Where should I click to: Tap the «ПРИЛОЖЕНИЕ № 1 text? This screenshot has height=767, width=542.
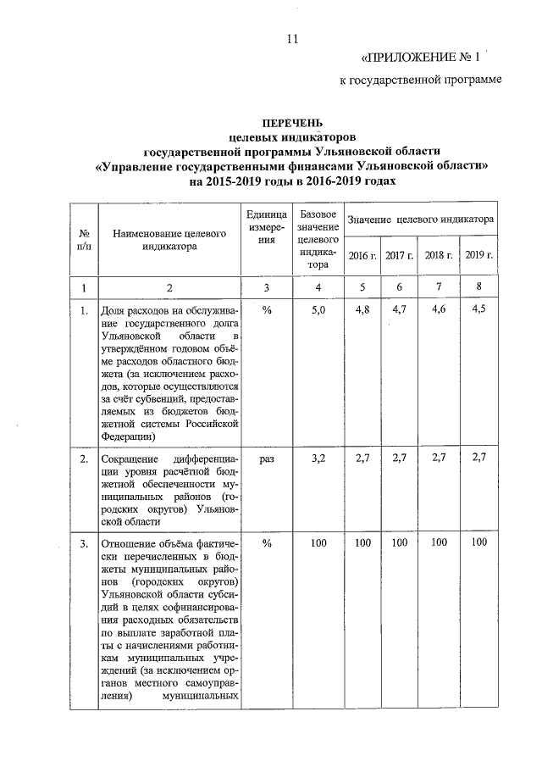coord(421,58)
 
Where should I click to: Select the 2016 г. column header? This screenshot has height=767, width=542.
coord(362,255)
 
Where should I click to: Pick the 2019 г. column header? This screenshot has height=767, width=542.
coord(479,255)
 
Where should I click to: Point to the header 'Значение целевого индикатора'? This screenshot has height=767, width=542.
coord(421,219)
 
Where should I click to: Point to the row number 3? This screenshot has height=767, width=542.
coord(84,542)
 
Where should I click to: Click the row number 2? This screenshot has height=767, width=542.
coord(84,459)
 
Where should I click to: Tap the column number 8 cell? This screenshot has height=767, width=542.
coord(479,286)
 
